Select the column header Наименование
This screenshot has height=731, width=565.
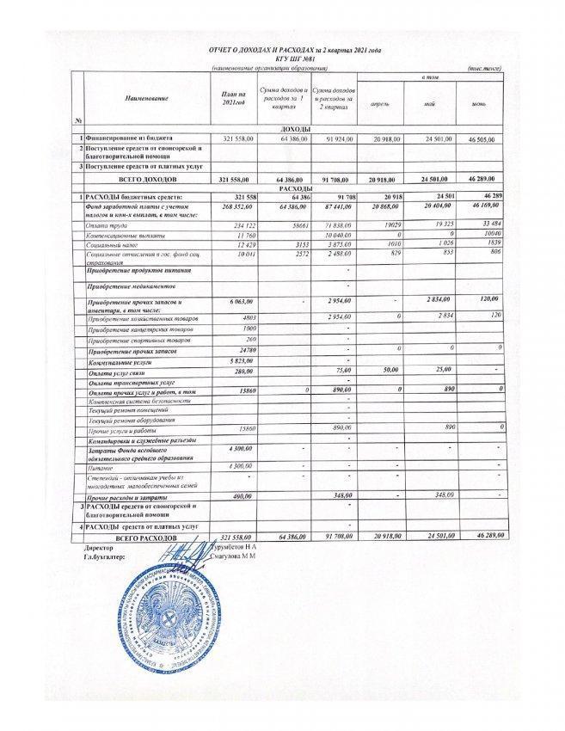pyautogui.click(x=145, y=99)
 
